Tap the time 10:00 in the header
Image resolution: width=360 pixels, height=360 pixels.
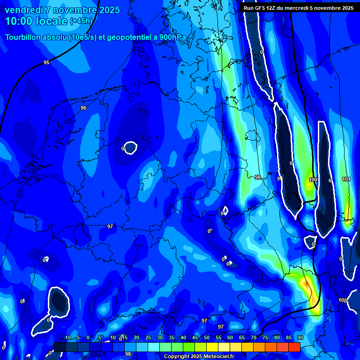coord(20,21)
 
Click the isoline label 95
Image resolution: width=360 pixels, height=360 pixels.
coord(46,62)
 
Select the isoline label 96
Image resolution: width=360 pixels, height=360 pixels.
coord(83,108)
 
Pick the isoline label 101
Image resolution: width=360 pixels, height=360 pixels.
coord(346,179)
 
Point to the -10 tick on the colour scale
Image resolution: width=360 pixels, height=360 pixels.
coord(67,337)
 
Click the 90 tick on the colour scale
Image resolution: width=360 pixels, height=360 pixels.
coord(300,337)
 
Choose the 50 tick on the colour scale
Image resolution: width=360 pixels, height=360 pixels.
coord(206,337)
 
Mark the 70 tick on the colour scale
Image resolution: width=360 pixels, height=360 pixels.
coord(254,337)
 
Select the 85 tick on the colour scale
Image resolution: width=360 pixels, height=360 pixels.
coord(289,337)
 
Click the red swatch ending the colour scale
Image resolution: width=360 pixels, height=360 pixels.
coord(294,347)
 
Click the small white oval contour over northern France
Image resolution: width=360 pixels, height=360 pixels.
coord(130,148)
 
